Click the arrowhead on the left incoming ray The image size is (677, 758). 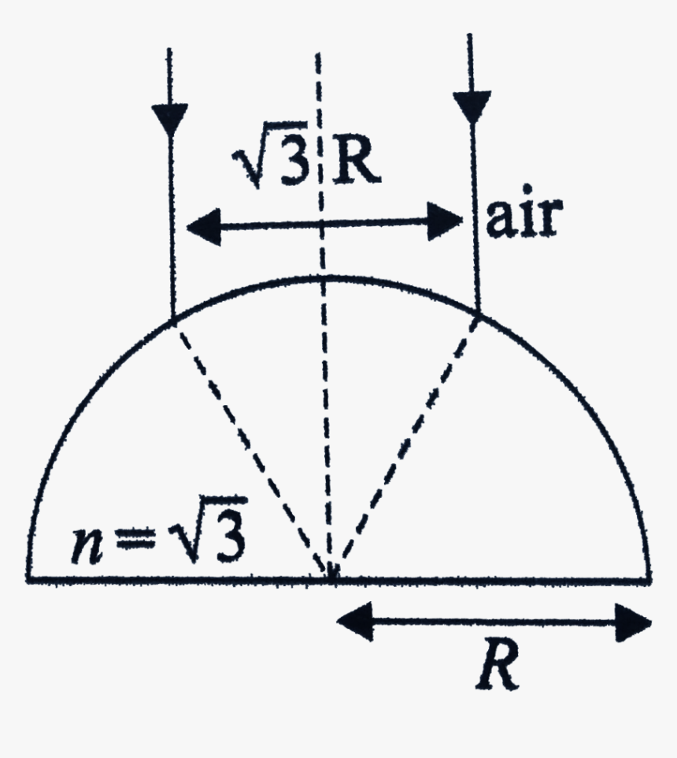pos(169,118)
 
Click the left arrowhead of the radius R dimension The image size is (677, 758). pos(350,621)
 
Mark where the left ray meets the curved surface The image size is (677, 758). pos(172,318)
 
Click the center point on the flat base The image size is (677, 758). pos(331,579)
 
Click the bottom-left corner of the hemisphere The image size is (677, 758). pos(28,579)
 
